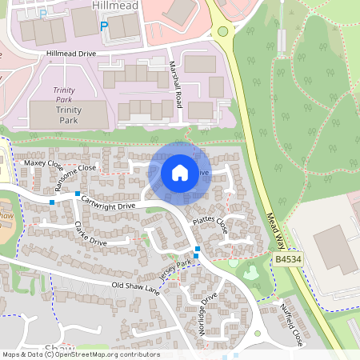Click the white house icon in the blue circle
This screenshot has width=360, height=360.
point(180,172)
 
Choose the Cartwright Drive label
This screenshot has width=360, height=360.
point(110,201)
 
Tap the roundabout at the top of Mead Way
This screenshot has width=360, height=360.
point(222,32)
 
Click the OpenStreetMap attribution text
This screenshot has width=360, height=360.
point(80,354)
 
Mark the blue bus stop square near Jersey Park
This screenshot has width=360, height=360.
point(197,249)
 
